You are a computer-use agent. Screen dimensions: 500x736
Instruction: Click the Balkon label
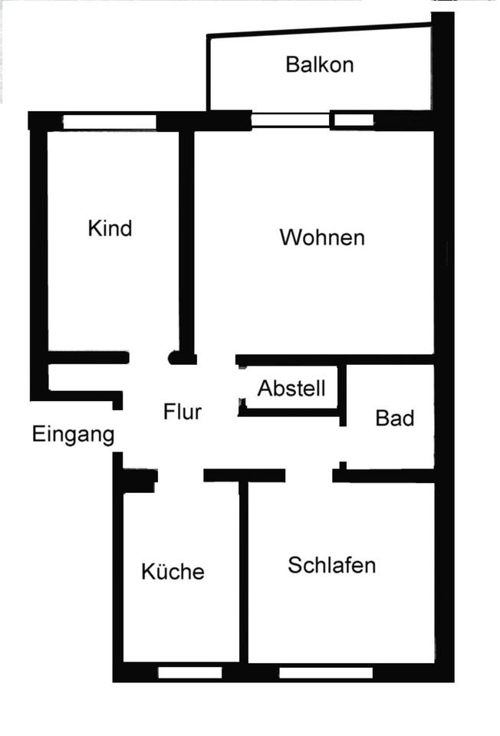[x=319, y=64]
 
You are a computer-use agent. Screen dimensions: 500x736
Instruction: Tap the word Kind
[x=110, y=228]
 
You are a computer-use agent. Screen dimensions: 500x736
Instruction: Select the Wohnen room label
[x=321, y=238]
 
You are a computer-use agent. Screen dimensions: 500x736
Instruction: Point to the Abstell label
[x=291, y=389]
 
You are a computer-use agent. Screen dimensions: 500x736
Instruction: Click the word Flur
[x=182, y=412]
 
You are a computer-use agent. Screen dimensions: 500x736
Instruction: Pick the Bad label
[x=395, y=419]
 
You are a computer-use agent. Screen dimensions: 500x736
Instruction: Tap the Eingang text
[x=73, y=435]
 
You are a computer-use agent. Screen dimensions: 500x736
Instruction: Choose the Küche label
[x=173, y=572]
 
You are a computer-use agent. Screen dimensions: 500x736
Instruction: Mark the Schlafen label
[x=331, y=566]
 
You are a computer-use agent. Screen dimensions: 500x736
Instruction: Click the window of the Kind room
[x=109, y=122]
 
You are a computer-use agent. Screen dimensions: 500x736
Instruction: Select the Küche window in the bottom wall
[x=190, y=672]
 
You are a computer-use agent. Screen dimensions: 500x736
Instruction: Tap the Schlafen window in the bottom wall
[x=326, y=672]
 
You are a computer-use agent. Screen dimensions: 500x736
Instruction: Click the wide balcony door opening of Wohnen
[x=291, y=120]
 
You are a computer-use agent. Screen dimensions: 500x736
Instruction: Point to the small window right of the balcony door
[x=353, y=120]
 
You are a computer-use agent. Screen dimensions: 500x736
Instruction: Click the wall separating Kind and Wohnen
[x=186, y=238]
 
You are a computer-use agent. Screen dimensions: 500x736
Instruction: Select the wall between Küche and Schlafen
[x=243, y=571]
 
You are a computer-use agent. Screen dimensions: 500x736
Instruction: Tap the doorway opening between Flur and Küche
[x=180, y=476]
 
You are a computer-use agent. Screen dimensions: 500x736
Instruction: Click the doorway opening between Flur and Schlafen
[x=308, y=476]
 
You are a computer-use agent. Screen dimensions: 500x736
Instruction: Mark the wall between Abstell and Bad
[x=343, y=393]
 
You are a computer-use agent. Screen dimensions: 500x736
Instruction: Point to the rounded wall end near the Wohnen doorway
[x=176, y=358]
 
